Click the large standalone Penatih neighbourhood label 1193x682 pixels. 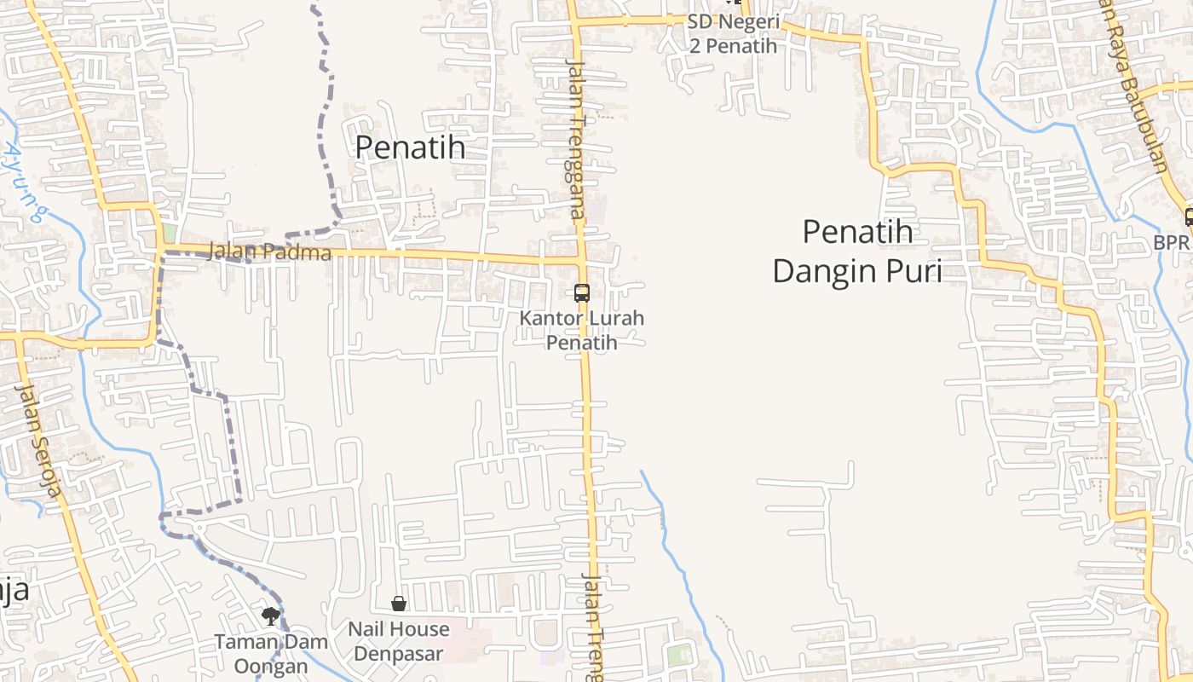[x=410, y=147]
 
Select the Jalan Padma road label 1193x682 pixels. [x=269, y=252]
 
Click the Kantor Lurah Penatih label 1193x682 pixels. [x=582, y=330]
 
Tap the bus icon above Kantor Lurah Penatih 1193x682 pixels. [x=582, y=293]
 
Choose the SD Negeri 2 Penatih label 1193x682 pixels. [x=733, y=33]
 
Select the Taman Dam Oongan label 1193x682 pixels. [x=261, y=653]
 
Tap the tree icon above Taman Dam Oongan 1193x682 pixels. [x=271, y=616]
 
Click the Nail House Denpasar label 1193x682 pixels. [x=399, y=641]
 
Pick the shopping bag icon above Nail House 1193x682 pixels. [x=399, y=604]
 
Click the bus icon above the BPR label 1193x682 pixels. [x=1189, y=217]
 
